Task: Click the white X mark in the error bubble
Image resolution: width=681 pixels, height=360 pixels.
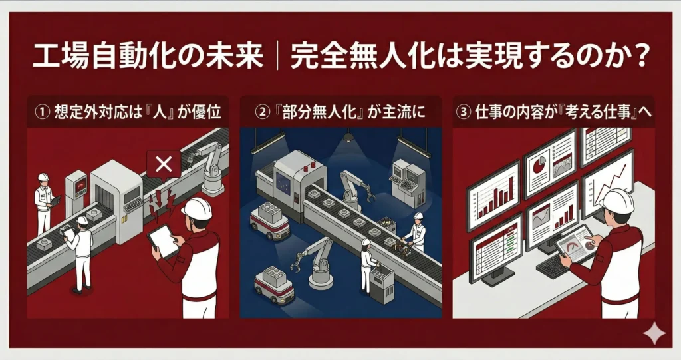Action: tap(163, 163)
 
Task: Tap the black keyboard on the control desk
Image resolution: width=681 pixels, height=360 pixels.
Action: tap(553, 266)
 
